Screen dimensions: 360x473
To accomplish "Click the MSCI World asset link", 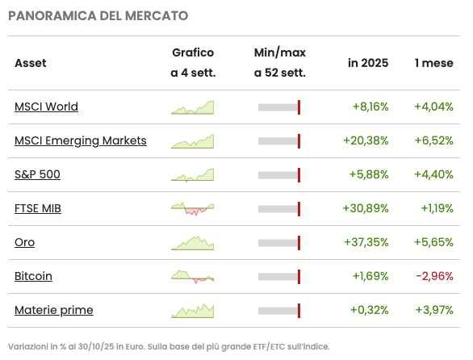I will [46, 107].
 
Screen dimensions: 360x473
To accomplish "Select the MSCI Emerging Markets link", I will [81, 140].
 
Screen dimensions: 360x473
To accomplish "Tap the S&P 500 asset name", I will [37, 174].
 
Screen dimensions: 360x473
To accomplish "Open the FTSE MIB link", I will [38, 208].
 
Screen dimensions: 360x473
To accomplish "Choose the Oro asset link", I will [24, 242].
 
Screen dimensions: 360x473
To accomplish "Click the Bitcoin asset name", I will [33, 276].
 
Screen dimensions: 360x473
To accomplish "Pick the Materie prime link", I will [53, 310].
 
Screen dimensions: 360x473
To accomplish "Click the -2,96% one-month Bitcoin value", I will [434, 276].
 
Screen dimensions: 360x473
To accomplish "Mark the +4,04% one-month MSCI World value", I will [433, 107].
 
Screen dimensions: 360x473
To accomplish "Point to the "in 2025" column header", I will [368, 63].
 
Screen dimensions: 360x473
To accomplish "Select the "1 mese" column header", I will [434, 63].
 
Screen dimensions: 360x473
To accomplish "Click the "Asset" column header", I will [31, 63].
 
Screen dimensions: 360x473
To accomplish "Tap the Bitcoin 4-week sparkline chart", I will [192, 277].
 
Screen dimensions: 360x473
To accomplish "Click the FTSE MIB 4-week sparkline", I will [192, 208].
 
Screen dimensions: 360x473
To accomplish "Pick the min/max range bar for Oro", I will [279, 242].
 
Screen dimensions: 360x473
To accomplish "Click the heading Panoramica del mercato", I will [98, 15].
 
